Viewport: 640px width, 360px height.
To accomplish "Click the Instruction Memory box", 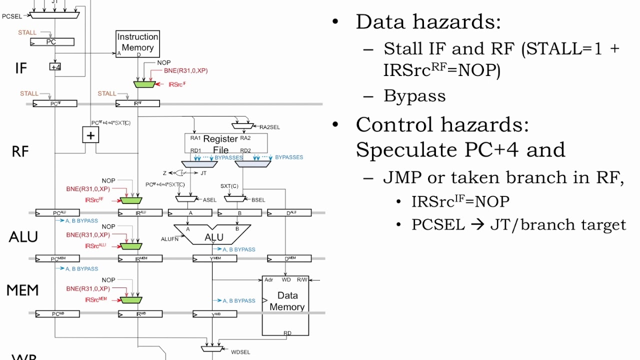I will (137, 43).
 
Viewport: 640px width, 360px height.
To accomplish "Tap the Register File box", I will (226, 143).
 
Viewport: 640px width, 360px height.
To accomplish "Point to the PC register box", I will (52, 42).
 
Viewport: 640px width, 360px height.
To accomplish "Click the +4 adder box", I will (55, 66).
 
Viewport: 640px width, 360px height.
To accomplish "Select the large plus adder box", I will (90, 135).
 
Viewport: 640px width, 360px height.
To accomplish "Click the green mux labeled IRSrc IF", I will (145, 84).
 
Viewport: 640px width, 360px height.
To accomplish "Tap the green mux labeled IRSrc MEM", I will (131, 300).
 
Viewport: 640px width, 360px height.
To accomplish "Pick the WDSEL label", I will (240, 352).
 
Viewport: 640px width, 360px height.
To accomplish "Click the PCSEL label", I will (12, 16).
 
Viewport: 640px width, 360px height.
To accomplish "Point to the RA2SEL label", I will (269, 127).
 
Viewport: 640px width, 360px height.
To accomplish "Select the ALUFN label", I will (170, 239).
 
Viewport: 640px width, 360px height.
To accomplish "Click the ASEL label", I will (209, 200).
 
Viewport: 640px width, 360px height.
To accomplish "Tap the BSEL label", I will (258, 200).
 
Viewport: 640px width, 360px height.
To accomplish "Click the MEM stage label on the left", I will (22, 290).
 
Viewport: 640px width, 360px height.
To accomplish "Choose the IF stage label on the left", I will (20, 68).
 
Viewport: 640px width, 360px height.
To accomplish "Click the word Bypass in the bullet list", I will (414, 96).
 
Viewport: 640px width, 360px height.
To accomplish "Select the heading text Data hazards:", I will (428, 22).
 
